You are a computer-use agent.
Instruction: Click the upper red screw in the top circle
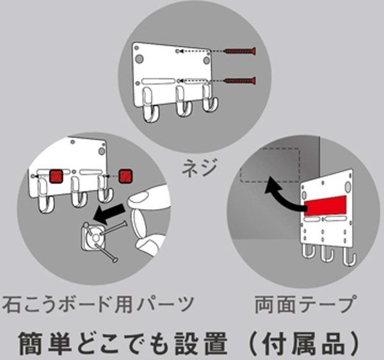point(241,51)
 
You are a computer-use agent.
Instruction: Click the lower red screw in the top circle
point(241,81)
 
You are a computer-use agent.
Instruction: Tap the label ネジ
point(199,168)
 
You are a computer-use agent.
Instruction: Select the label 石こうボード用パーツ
point(98,304)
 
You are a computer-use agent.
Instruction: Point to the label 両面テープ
point(305,304)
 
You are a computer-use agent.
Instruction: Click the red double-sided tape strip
point(326,206)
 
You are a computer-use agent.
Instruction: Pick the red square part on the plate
point(56,176)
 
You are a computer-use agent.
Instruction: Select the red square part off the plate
point(126,176)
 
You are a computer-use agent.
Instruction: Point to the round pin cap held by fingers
point(139,223)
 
